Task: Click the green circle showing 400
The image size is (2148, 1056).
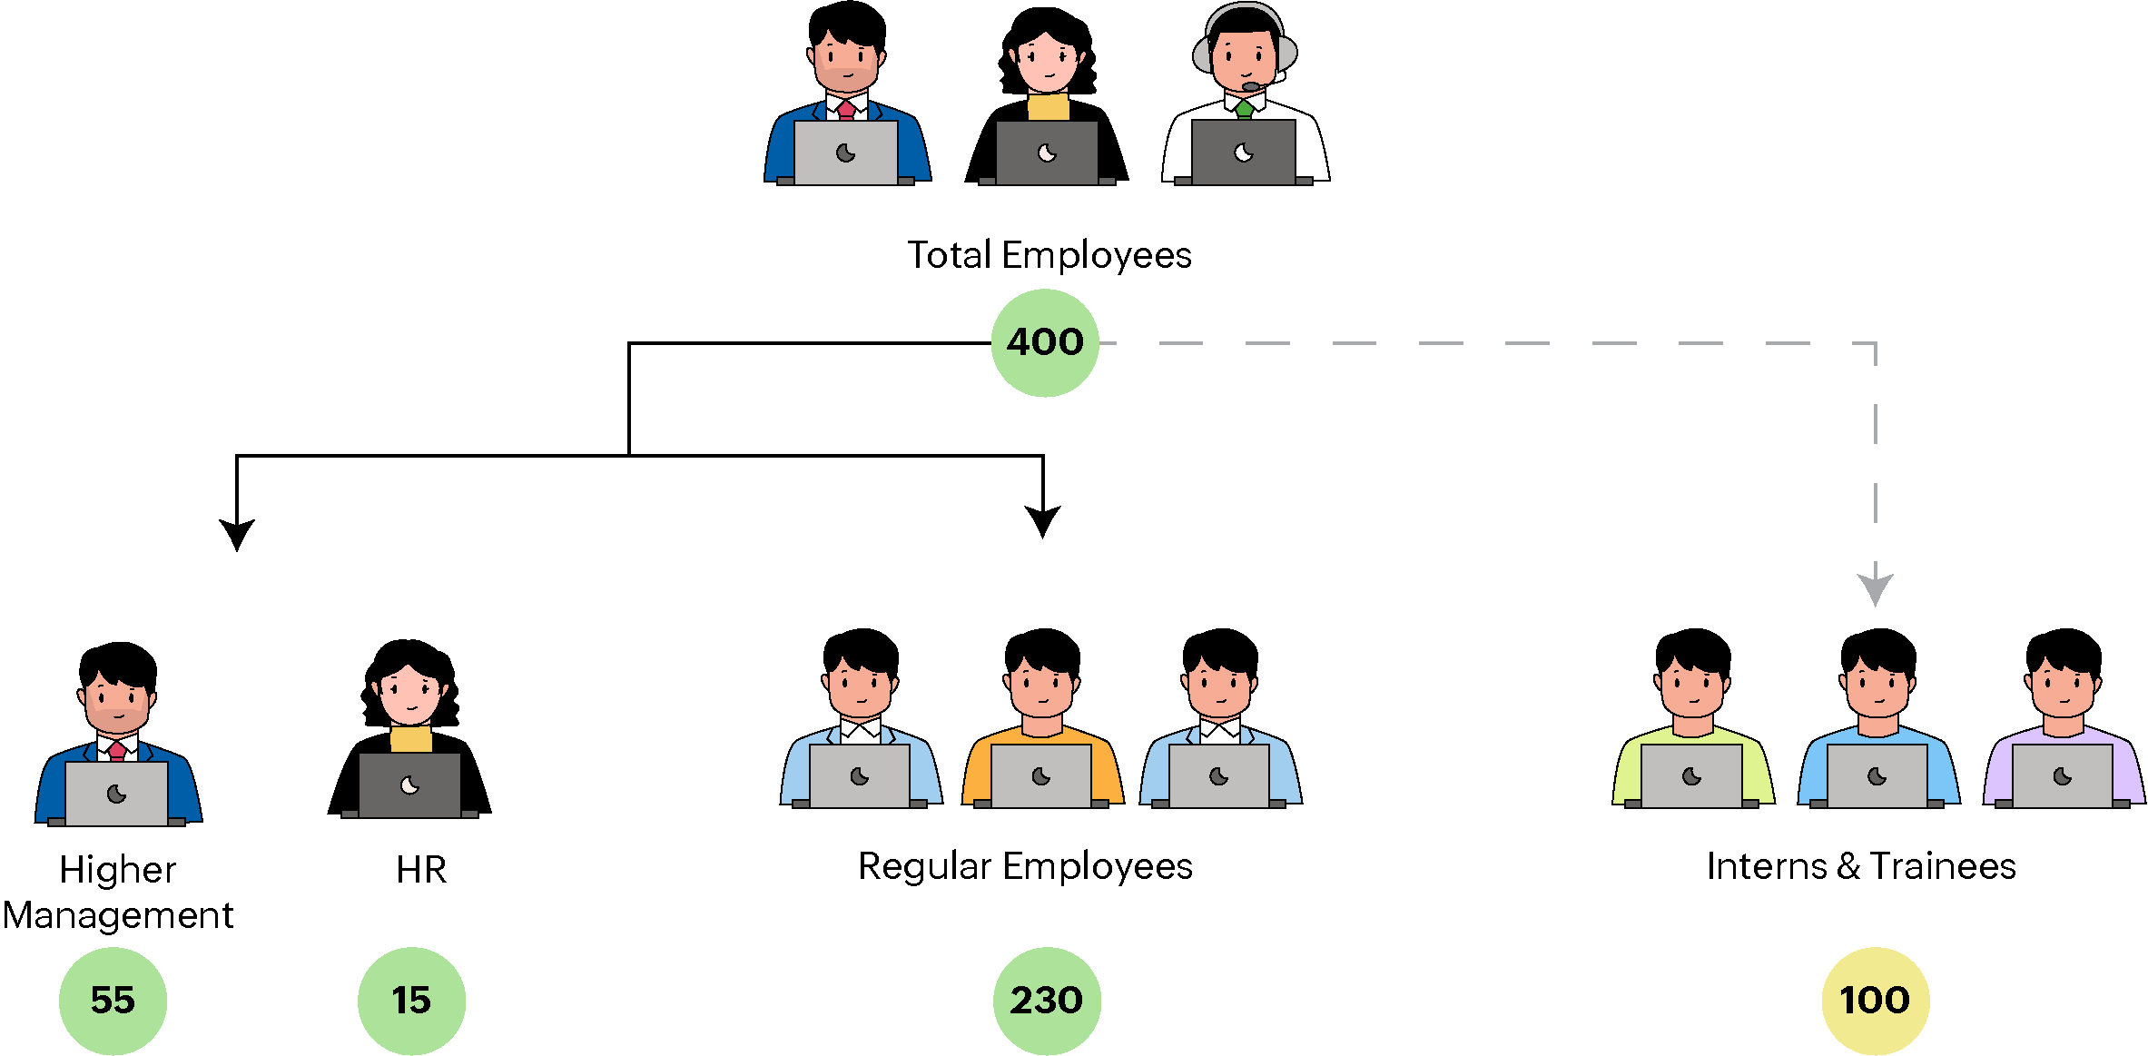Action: coord(1044,342)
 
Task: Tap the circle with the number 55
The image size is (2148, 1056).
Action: coord(113,1000)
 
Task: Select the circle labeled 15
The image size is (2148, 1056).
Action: coord(411,1000)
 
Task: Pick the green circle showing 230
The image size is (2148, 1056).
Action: coord(1046,1000)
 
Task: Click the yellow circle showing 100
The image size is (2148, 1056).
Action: coord(1875,1000)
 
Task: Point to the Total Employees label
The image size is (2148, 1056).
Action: coord(1049,255)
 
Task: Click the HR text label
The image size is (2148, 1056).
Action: coord(421,870)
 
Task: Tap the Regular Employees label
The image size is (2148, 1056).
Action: coord(1025,866)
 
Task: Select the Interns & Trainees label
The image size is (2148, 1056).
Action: coord(1861,866)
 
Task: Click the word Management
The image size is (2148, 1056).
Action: coord(118,915)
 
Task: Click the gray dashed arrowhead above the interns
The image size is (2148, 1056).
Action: coord(1875,588)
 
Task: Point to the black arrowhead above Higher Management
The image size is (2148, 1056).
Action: coord(237,533)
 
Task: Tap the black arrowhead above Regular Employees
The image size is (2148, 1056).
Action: coord(1042,520)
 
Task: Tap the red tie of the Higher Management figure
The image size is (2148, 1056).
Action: coord(117,750)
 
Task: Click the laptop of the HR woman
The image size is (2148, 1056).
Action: coord(409,785)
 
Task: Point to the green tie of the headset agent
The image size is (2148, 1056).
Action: coord(1244,110)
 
